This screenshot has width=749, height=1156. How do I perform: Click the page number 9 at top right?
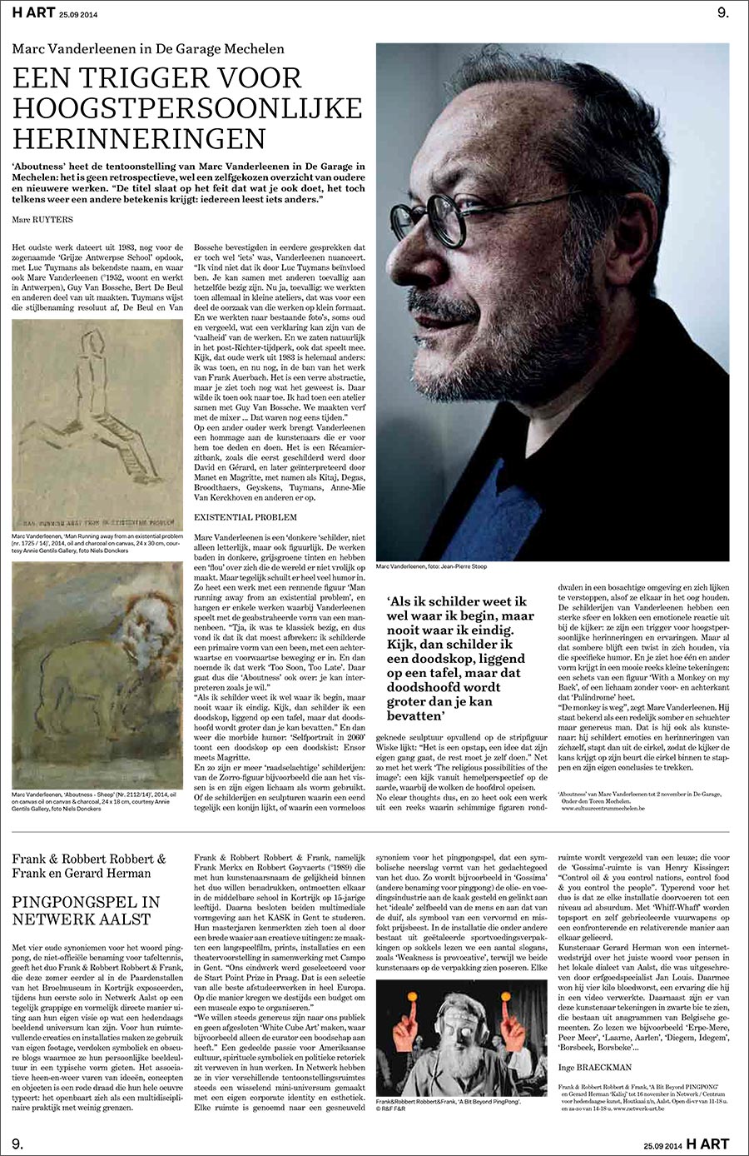click(722, 12)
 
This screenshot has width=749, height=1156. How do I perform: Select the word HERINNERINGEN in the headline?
click(139, 136)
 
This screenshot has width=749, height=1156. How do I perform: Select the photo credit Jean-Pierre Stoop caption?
click(431, 567)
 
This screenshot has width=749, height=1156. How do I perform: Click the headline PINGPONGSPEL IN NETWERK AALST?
click(86, 910)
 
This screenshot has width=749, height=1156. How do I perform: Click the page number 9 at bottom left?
click(17, 1143)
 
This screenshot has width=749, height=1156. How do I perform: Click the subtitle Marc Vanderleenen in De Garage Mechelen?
click(148, 49)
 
